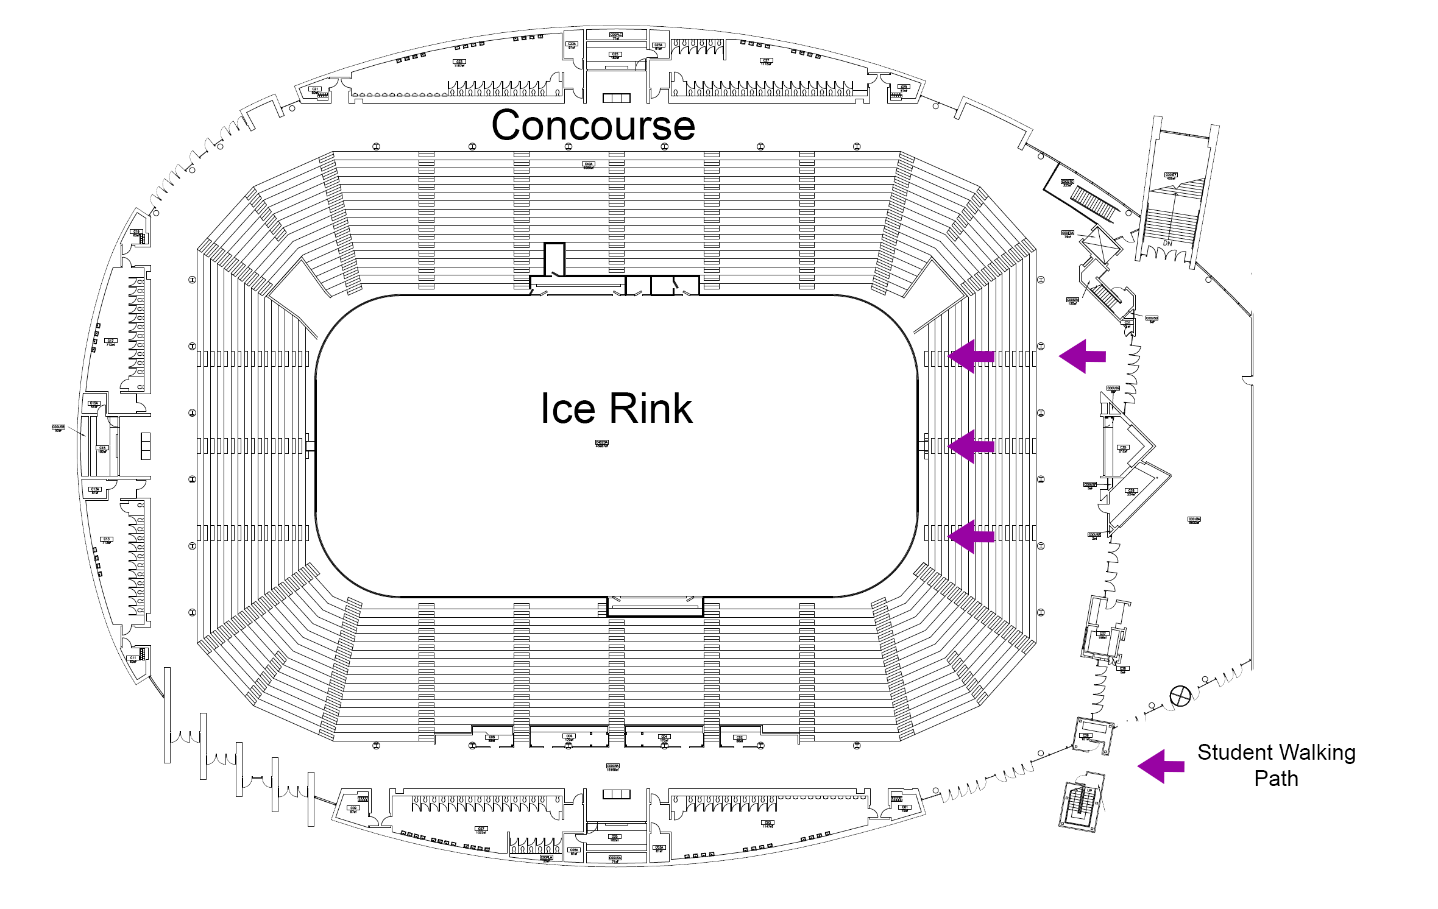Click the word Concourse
point(593,126)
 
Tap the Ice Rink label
point(616,408)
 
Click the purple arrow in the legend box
point(1161,766)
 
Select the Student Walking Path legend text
point(1276,765)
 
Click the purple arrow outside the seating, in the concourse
point(1082,356)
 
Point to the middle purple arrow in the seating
point(971,447)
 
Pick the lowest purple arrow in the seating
point(971,537)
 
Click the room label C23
point(459,62)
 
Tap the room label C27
point(766,61)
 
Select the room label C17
point(110,342)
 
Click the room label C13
point(107,540)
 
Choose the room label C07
point(481,829)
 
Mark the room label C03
point(767,824)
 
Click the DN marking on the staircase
point(1167,243)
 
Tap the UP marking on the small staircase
point(1089,791)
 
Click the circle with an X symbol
point(1180,696)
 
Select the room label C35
point(1122,448)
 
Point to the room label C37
point(1102,635)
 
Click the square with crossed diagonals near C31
point(1100,244)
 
